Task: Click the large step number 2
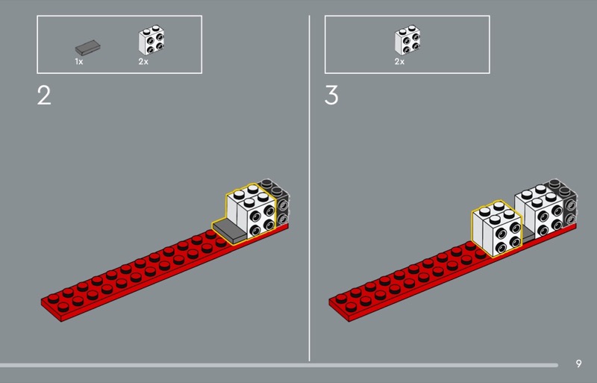point(44,96)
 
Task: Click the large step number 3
point(331,96)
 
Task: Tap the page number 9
point(579,364)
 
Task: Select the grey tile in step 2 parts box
point(88,47)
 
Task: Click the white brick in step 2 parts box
point(151,40)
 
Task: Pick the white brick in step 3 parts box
point(407,40)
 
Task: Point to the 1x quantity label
point(79,61)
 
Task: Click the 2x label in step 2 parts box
point(143,61)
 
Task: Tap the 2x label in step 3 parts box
point(399,61)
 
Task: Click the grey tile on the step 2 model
point(230,231)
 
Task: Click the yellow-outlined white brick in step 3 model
point(497,228)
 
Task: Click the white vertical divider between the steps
point(309,188)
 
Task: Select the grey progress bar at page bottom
point(279,365)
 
